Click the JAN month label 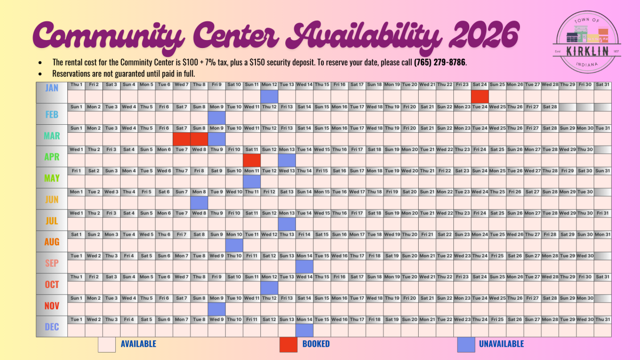52,88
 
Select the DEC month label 52,327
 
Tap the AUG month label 52,242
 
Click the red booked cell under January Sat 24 479,97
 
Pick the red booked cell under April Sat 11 252,160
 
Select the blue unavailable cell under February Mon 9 217,117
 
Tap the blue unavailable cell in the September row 304,266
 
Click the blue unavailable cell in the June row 199,203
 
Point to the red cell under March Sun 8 199,139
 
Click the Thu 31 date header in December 602,319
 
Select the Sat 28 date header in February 550,107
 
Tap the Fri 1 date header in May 76,171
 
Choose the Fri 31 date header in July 602,213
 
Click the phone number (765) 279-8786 440,62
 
